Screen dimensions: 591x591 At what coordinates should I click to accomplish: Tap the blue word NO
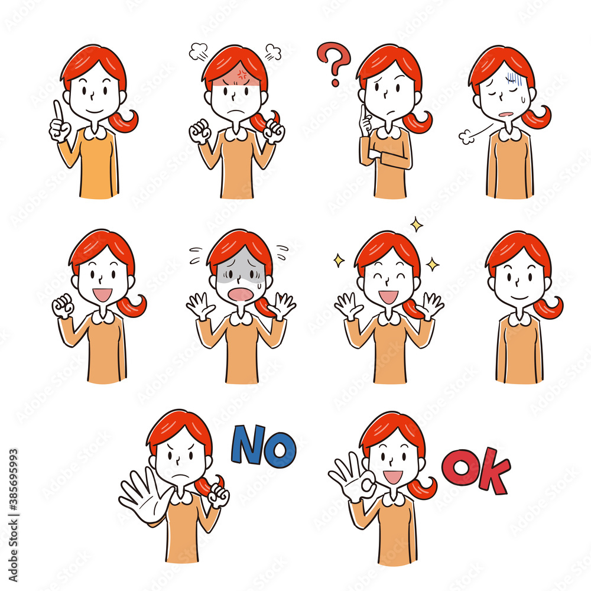(263, 445)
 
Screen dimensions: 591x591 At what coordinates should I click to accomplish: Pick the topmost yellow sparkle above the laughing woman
(417, 225)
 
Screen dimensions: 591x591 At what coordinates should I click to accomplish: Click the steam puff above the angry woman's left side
(198, 51)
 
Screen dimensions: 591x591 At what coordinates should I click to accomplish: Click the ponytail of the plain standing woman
(549, 307)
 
